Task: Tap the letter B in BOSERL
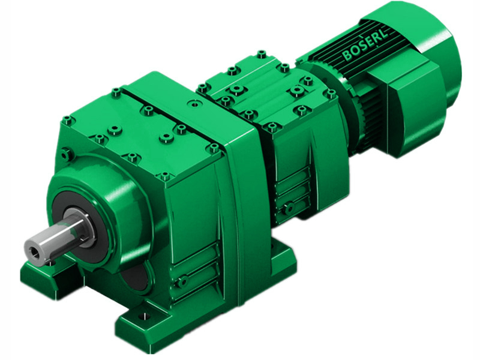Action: point(347,56)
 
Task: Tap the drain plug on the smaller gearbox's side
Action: point(289,208)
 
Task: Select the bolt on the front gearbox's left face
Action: point(67,155)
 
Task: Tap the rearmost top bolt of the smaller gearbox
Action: point(261,54)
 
